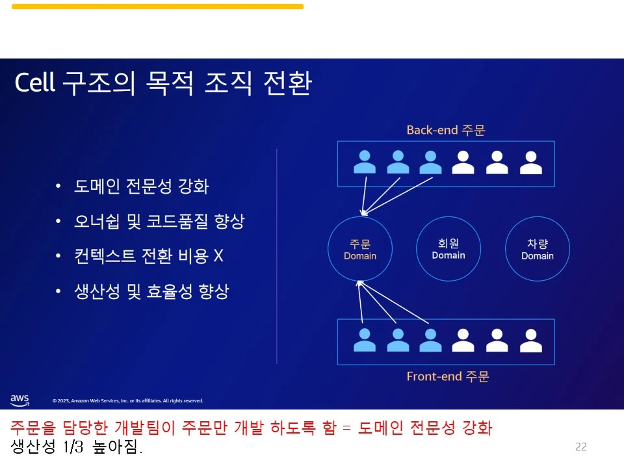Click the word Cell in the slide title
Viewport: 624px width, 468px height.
[x=34, y=84]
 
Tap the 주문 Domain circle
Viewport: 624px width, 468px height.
[x=360, y=249]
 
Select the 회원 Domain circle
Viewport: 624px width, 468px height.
[x=448, y=248]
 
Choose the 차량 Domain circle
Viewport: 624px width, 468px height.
[x=538, y=249]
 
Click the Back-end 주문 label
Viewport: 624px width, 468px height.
[x=446, y=130]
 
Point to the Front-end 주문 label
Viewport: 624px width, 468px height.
[x=448, y=376]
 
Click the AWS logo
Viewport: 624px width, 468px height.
[x=19, y=400]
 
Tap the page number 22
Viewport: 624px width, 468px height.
[x=581, y=447]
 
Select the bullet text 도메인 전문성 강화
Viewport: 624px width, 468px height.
[x=142, y=187]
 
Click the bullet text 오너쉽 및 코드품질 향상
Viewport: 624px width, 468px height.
[x=159, y=222]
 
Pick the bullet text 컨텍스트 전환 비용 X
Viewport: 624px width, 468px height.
[x=149, y=256]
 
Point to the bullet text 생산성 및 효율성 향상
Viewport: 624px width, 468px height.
[x=151, y=291]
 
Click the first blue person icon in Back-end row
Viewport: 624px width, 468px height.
[x=365, y=162]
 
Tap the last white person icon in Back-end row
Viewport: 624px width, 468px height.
[x=530, y=162]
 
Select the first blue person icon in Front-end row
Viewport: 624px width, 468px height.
[x=365, y=340]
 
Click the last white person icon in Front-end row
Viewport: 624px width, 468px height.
[x=530, y=340]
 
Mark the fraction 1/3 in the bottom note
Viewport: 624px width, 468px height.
[x=73, y=447]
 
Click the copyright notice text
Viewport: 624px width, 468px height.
[x=128, y=401]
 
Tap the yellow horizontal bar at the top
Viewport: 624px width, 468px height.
[x=157, y=6]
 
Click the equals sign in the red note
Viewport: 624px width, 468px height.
[x=346, y=428]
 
